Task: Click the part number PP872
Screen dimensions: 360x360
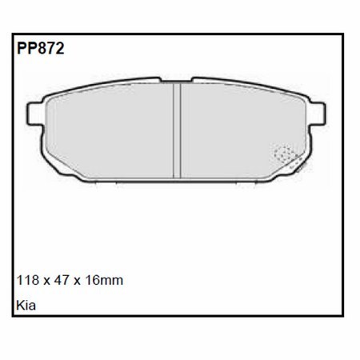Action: [x=39, y=49]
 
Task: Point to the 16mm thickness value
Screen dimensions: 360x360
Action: [x=103, y=281]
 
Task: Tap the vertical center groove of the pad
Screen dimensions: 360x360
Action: [x=178, y=132]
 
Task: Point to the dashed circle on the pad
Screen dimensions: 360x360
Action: [x=284, y=154]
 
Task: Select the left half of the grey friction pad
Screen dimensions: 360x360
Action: [x=108, y=132]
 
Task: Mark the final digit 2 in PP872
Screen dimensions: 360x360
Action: [x=60, y=49]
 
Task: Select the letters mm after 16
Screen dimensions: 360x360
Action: [x=113, y=282]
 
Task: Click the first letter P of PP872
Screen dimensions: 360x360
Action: [x=20, y=49]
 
